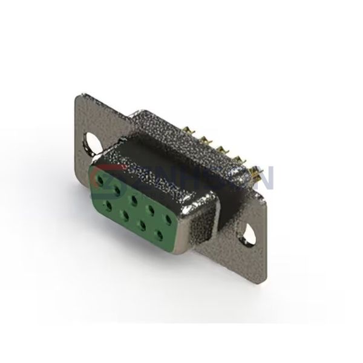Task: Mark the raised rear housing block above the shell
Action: point(163,130)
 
